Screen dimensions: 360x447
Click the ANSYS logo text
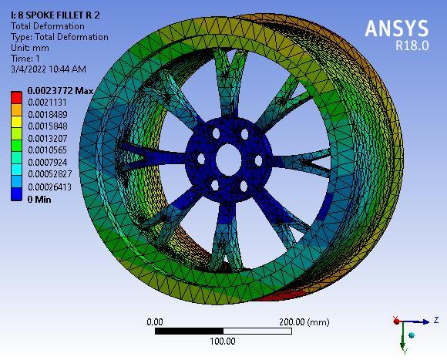click(x=396, y=29)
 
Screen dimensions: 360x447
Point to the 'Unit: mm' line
click(x=31, y=48)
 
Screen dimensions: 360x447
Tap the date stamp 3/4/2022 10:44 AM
click(x=48, y=69)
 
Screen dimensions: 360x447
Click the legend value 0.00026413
click(x=52, y=187)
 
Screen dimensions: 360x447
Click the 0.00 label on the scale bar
click(x=154, y=321)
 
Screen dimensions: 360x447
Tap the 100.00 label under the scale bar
click(x=223, y=341)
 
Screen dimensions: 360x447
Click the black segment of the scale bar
click(x=189, y=331)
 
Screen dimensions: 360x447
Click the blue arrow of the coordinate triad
click(x=420, y=321)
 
